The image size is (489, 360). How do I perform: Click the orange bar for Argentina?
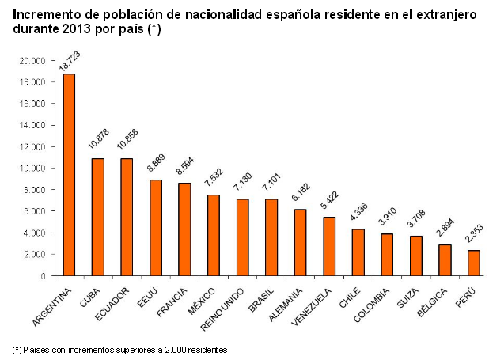pos(69,175)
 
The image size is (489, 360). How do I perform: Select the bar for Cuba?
pos(98,217)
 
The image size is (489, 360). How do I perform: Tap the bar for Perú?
pos(473,263)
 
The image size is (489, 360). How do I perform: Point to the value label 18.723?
pos(70,61)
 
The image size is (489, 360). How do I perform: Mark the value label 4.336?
pos(358,215)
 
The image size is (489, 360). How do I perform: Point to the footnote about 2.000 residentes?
pos(119,348)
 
